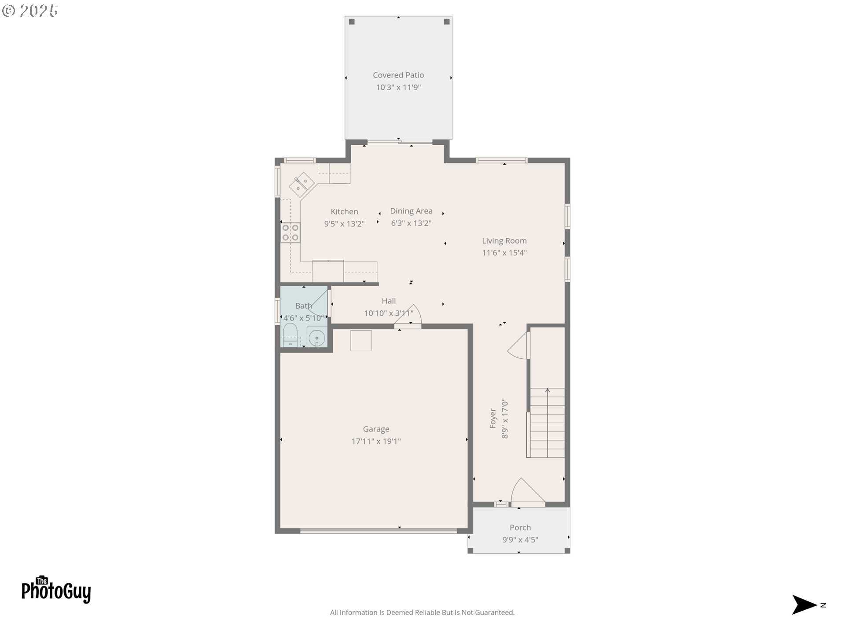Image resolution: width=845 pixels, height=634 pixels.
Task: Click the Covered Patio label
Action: (x=398, y=75)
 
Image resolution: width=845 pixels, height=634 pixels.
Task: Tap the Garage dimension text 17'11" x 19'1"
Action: (x=376, y=441)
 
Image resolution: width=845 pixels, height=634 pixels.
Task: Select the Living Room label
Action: (x=504, y=241)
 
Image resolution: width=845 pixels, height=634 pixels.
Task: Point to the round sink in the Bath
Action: (x=316, y=338)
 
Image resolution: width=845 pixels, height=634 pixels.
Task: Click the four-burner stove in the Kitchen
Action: (x=290, y=232)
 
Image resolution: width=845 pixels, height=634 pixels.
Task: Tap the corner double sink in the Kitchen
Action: (x=301, y=185)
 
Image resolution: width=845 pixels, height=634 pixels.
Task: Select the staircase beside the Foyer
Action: (x=547, y=423)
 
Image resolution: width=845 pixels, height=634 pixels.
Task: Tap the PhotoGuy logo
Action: (x=56, y=590)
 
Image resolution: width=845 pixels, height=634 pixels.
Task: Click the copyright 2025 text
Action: (x=30, y=11)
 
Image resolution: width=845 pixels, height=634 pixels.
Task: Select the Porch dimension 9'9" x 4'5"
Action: (x=520, y=540)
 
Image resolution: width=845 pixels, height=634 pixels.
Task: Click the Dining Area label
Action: (x=411, y=211)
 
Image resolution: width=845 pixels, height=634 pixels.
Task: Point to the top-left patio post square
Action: (x=352, y=22)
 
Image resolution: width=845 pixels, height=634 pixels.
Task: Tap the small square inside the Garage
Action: (x=361, y=341)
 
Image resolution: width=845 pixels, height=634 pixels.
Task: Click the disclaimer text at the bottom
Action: (x=422, y=612)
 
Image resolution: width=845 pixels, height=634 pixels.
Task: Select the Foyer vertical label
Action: (x=493, y=418)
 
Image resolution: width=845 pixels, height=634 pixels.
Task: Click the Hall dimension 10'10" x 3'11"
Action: (x=389, y=313)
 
